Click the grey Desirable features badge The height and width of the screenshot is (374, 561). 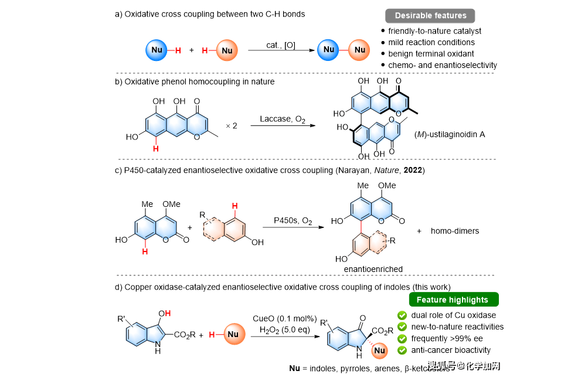pos(430,16)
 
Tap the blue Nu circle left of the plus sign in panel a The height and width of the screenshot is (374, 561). pos(157,50)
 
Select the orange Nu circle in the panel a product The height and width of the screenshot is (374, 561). pos(359,50)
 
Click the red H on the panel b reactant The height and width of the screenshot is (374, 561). pos(156,148)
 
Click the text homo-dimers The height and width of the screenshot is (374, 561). pos(455,231)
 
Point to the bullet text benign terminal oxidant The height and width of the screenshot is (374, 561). pos(431,53)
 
